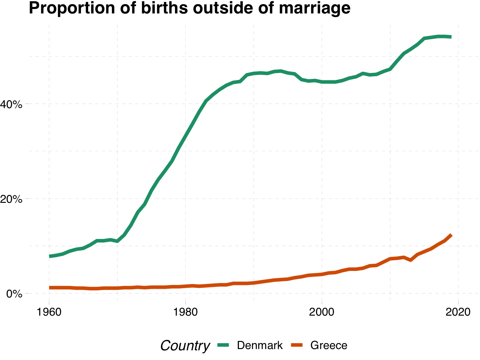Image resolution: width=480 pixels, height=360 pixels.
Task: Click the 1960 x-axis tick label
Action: click(x=49, y=312)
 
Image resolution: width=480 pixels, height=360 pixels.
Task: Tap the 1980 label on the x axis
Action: click(x=186, y=312)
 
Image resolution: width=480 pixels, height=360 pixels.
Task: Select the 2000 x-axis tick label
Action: click(x=322, y=312)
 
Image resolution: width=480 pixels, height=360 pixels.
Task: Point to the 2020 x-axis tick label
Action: click(x=458, y=312)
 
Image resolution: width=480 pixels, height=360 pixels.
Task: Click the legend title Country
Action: click(x=185, y=346)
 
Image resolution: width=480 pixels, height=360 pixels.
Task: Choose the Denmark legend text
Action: click(x=260, y=345)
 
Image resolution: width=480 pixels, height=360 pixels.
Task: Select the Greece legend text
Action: click(x=329, y=345)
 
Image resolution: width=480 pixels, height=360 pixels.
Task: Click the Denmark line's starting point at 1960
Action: click(x=49, y=256)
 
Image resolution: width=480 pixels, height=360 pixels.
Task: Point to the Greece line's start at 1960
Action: click(x=49, y=287)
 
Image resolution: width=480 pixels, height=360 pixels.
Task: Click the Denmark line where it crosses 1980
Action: click(x=186, y=136)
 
